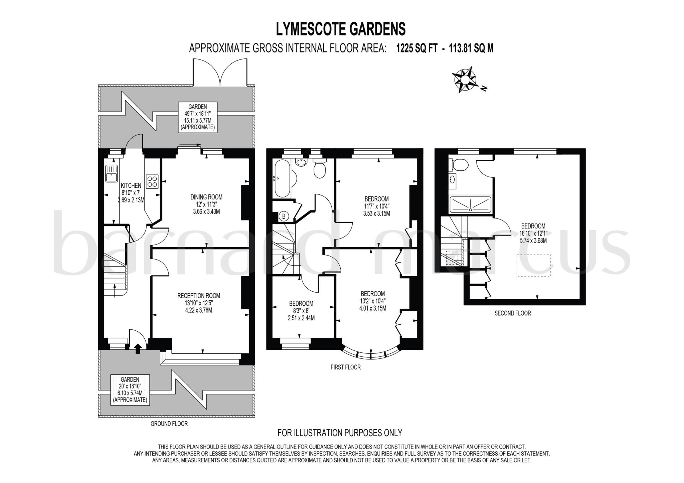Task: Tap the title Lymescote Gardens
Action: coord(341,29)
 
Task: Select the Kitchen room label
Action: coord(131,185)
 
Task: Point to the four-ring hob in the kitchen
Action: coord(152,181)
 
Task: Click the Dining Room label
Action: coord(206,197)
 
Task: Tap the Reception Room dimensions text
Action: coord(199,307)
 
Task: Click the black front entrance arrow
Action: coord(137,349)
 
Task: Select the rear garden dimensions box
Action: coord(197,117)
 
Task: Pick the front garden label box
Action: coord(130,389)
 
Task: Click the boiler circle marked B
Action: coord(284,216)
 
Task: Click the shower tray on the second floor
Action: coord(470,204)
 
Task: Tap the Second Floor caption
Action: coord(512,313)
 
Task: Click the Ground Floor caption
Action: coord(169,424)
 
